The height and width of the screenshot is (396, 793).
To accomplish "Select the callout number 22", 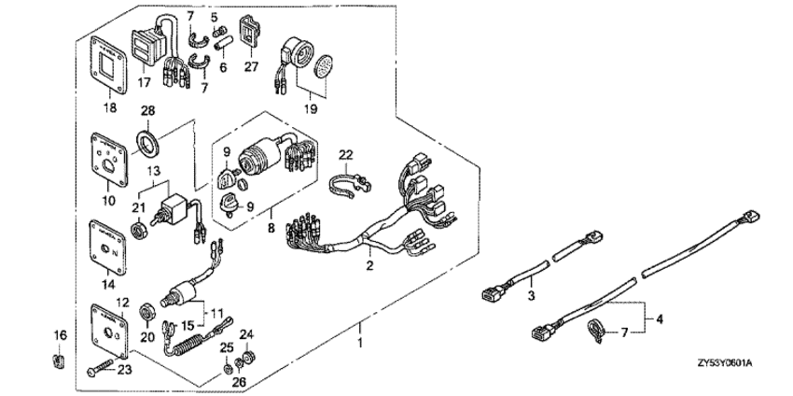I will (344, 153).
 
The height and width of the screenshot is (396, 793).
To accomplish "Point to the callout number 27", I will (250, 66).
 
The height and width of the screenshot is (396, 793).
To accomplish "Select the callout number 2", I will (370, 266).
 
